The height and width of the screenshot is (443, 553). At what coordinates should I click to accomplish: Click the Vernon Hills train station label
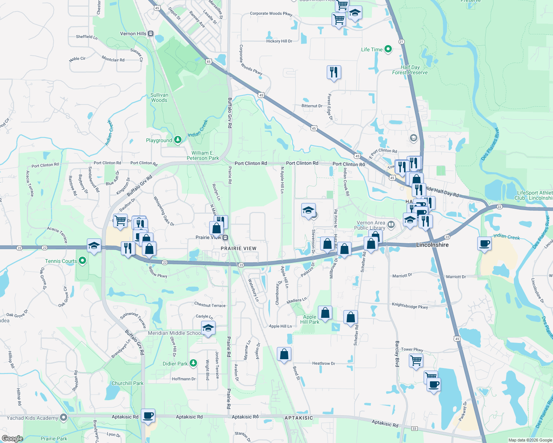coord(133,34)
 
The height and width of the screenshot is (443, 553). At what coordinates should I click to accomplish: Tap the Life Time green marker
coord(388,49)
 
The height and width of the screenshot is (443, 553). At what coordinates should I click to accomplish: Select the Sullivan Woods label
coord(159,97)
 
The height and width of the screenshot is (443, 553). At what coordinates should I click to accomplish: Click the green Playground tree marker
coord(178,140)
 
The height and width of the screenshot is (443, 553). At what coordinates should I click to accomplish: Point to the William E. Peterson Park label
coord(203,155)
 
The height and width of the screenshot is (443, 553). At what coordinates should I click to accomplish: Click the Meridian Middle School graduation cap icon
coord(208,328)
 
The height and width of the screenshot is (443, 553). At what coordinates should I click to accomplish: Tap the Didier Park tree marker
coord(193,363)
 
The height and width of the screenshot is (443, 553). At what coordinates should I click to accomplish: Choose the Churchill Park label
coord(128,383)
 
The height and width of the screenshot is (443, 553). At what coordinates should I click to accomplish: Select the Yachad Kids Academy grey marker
coord(64,418)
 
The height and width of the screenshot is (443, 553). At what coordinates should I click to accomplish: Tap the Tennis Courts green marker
coord(82,261)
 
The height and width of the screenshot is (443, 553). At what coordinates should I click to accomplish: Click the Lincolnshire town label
coord(432,245)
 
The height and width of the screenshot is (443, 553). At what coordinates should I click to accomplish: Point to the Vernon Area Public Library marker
coord(391,224)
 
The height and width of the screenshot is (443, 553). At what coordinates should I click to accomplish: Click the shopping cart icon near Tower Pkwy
coord(416,360)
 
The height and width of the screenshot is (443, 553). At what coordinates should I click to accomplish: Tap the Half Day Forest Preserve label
coord(410,70)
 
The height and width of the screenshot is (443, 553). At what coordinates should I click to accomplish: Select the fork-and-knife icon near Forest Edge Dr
coord(334,72)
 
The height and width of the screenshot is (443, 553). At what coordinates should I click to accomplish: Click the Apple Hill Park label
coord(310,319)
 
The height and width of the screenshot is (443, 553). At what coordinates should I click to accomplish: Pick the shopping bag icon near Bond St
coord(284,354)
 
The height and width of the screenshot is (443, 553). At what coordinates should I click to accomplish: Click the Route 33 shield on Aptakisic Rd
coord(414,429)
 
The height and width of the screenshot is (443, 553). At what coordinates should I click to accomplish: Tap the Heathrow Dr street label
coord(323,364)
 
